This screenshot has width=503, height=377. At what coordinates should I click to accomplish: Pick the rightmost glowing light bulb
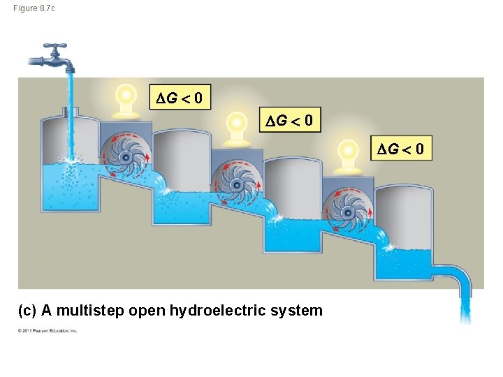[347, 151]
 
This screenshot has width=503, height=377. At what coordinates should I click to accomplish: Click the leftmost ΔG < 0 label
[180, 98]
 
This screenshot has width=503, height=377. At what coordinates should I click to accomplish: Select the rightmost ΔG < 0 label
[401, 149]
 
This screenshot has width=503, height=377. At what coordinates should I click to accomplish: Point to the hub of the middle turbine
[236, 184]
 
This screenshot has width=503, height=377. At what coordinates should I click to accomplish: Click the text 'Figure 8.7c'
[34, 8]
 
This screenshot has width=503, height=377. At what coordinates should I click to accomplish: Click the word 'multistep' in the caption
[90, 310]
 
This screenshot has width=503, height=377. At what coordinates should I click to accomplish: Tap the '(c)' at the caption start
[27, 310]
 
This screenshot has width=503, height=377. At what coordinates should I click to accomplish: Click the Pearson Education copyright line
[48, 331]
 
